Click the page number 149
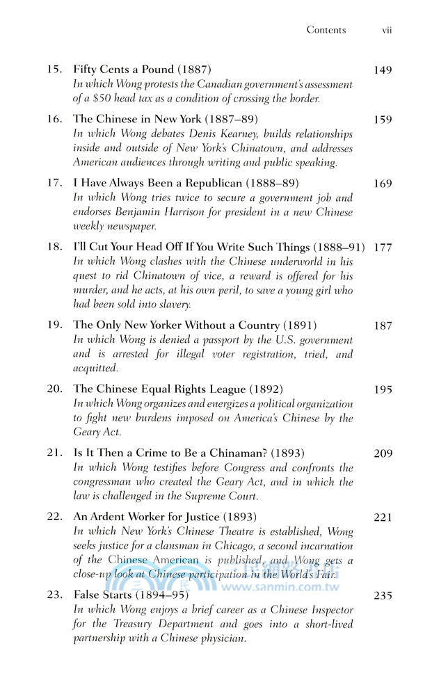point(383,70)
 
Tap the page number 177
point(383,248)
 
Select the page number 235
point(383,596)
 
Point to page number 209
point(383,453)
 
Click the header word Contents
point(326,30)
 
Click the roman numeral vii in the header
point(387,30)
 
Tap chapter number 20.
point(54,389)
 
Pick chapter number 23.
point(54,596)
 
